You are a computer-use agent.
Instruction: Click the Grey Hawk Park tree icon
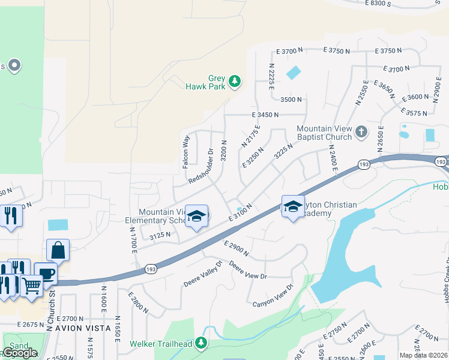[235, 81]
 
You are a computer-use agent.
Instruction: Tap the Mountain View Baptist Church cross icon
[361, 131]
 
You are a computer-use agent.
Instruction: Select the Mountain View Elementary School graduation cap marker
[196, 215]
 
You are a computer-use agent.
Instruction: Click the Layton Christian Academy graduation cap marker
[292, 207]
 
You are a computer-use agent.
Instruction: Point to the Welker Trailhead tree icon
[201, 343]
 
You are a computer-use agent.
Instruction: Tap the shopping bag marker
[58, 250]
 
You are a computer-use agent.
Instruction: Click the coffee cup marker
[45, 273]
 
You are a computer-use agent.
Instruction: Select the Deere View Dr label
[247, 270]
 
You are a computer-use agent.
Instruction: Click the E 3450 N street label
[267, 114]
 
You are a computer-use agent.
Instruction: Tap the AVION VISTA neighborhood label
[83, 328]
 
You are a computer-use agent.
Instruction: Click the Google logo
[20, 353]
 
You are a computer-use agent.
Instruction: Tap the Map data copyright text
[424, 355]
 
